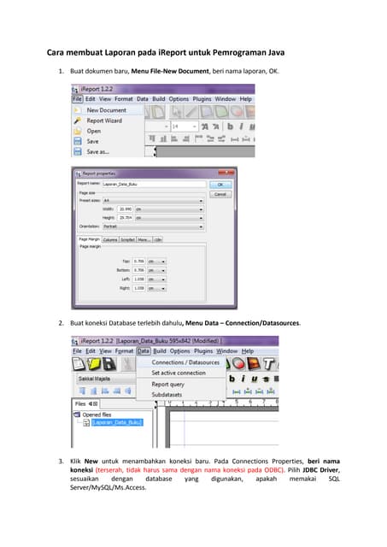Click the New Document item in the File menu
click(x=106, y=110)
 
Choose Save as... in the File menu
click(x=99, y=151)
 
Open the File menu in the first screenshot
click(x=77, y=99)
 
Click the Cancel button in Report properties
click(x=220, y=194)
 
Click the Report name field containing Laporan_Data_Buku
click(x=154, y=184)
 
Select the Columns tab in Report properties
click(x=110, y=239)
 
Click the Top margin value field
click(x=140, y=262)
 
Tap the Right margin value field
click(x=140, y=288)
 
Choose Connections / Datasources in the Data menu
click(x=185, y=362)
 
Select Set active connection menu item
click(x=178, y=373)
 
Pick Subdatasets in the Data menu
click(x=167, y=395)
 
